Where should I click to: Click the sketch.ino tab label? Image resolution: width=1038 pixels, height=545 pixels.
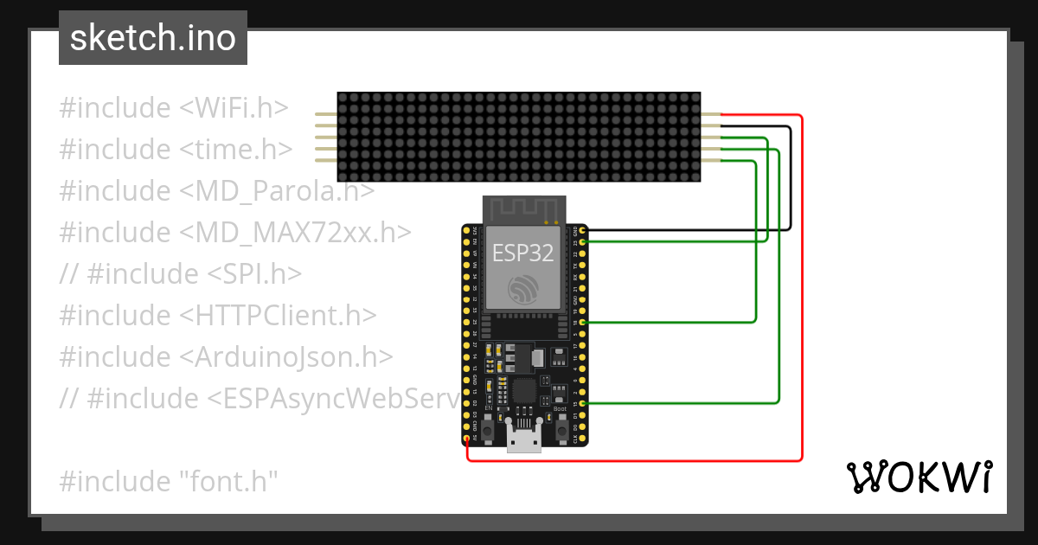pos(153,38)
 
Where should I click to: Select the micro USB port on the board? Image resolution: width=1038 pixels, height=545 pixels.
pos(524,439)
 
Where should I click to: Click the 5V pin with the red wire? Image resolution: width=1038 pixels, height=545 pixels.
pos(468,439)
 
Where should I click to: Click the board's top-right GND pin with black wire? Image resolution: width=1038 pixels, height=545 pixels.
pos(583,231)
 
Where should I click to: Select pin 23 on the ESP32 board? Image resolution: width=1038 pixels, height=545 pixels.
pos(583,242)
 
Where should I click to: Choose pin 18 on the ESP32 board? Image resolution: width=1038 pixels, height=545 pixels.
pos(583,323)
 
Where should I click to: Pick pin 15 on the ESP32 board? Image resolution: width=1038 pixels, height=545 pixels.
pos(583,403)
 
